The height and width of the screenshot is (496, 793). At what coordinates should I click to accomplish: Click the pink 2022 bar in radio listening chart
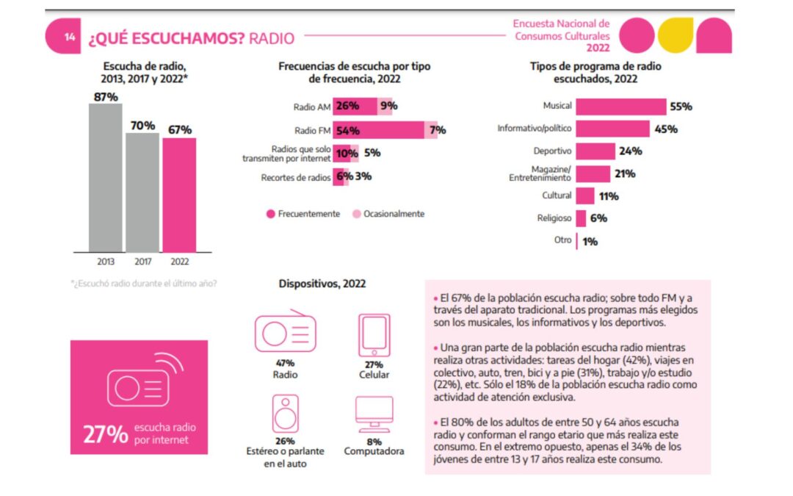point(179,195)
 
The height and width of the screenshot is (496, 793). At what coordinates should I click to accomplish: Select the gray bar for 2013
point(105,178)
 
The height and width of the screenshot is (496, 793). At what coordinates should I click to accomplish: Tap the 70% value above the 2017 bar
point(142,126)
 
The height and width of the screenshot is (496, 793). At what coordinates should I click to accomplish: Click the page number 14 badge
point(69,37)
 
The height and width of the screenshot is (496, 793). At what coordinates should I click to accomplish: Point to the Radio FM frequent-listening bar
point(379,130)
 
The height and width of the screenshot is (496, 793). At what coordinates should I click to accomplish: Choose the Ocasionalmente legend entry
point(388,214)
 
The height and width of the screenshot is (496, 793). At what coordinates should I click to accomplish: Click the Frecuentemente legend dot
point(271,214)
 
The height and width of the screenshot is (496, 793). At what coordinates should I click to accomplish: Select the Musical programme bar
point(620,107)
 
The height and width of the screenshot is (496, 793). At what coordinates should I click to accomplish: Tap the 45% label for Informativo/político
point(666,129)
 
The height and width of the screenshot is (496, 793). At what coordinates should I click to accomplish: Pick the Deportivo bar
point(595,151)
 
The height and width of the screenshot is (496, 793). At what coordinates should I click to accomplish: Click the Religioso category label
point(555,218)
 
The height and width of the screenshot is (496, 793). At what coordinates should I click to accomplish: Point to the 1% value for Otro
point(590,241)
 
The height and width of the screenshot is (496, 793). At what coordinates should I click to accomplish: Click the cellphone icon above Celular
point(374,333)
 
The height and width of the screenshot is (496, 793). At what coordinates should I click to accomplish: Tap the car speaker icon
point(285,414)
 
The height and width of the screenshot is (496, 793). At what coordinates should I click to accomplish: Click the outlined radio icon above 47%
point(285,332)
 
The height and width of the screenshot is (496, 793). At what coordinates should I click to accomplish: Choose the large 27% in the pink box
point(105,434)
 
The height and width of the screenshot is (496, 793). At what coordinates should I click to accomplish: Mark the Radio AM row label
point(311,107)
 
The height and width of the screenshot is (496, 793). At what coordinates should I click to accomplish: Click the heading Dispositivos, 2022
point(322,284)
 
